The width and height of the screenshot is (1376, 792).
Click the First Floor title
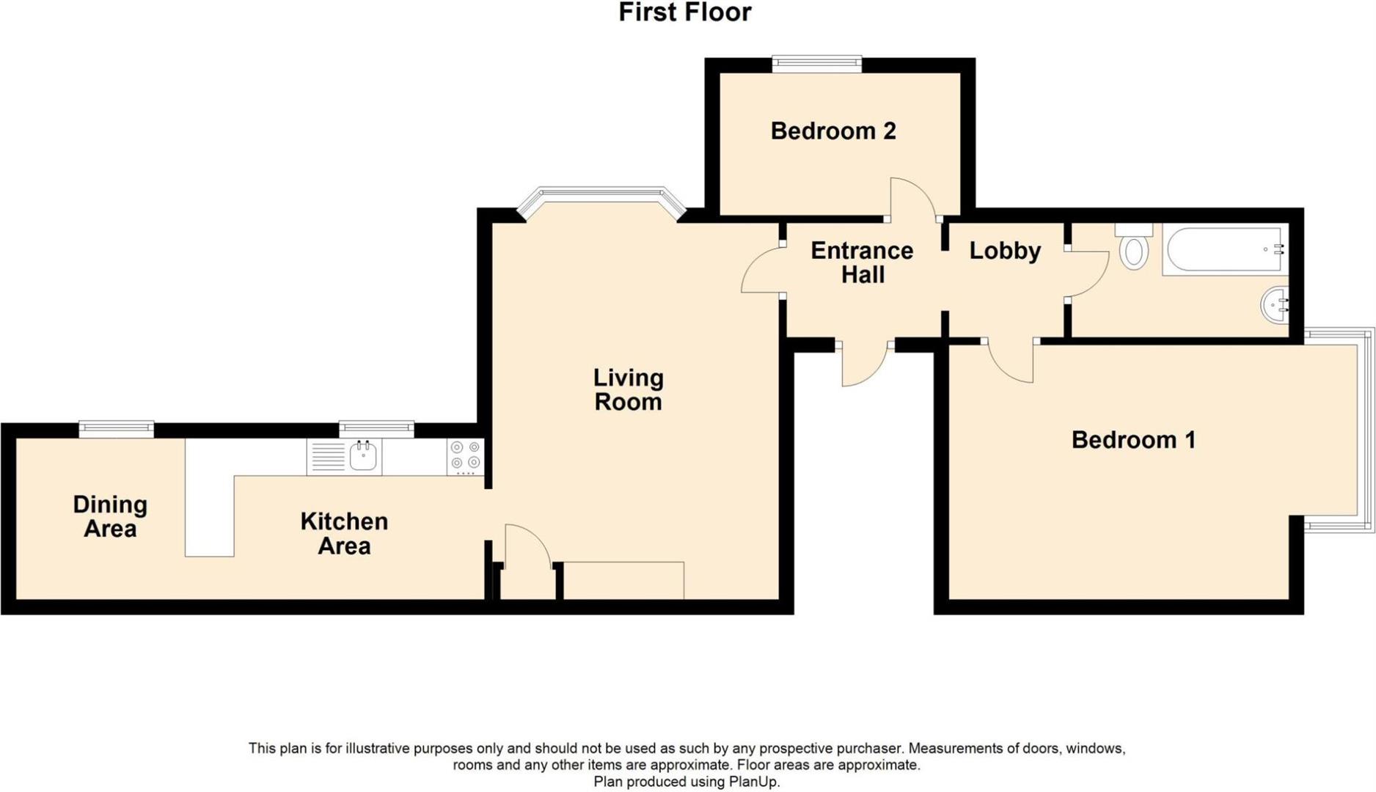click(684, 12)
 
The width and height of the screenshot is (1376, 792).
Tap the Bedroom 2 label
click(832, 131)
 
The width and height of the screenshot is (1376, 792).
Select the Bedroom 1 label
click(1133, 440)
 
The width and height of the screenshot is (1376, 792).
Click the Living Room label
click(629, 390)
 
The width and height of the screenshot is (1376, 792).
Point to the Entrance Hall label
click(862, 263)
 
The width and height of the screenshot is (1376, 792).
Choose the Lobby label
click(1005, 251)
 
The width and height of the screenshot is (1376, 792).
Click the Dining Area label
click(110, 516)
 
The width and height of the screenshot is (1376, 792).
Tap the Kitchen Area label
click(344, 533)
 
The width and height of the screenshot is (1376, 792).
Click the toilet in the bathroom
click(1134, 248)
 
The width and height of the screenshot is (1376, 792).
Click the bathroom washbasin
click(1276, 304)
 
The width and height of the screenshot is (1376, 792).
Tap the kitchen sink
click(362, 457)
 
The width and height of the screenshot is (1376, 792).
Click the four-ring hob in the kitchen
click(465, 456)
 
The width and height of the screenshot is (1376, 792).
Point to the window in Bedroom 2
click(816, 65)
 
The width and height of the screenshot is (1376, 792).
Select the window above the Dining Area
click(116, 429)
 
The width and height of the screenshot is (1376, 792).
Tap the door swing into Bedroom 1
click(1011, 362)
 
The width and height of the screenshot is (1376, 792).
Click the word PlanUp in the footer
click(753, 782)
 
